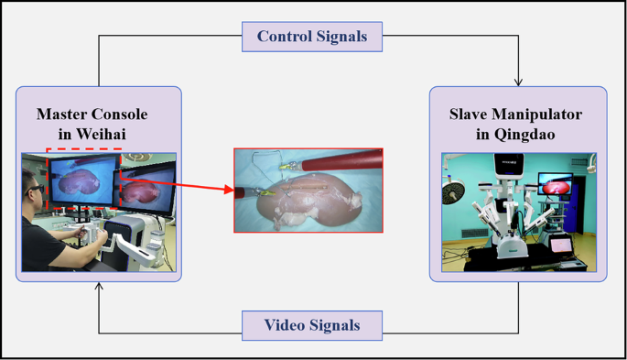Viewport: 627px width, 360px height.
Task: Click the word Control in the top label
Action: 287,37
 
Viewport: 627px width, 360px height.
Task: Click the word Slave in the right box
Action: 470,115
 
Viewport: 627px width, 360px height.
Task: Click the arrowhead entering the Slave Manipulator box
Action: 519,82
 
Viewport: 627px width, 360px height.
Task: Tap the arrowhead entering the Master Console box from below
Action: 100,288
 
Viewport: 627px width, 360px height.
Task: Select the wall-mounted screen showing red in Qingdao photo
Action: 555,186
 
